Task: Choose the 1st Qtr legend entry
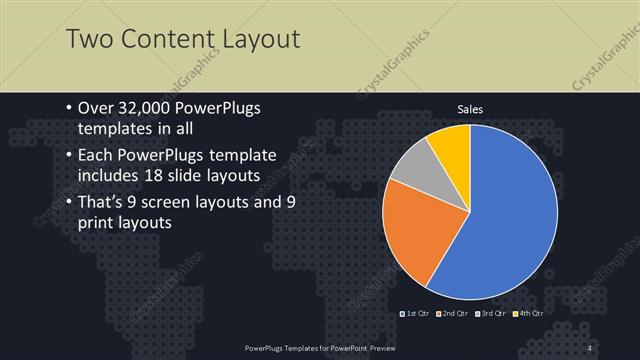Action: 415,314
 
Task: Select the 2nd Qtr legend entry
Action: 451,314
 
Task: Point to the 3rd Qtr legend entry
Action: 489,314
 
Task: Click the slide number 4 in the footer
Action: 591,347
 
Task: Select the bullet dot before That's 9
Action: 66,203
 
